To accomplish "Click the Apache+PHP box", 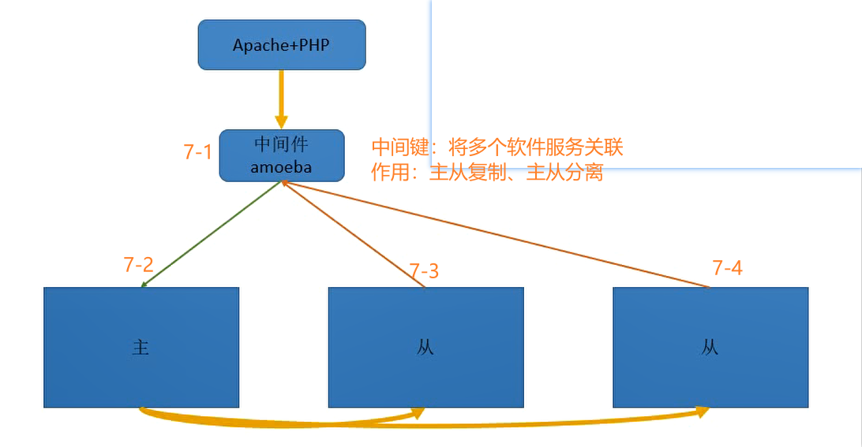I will click(281, 45).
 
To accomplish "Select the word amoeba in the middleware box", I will click(281, 166).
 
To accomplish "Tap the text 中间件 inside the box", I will click(281, 145).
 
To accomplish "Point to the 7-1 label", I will click(197, 152).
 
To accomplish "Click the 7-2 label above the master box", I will click(138, 265).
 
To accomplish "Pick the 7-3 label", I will click(424, 271).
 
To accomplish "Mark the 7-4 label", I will click(727, 268).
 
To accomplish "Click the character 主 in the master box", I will click(141, 347).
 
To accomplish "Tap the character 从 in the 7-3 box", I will click(425, 347).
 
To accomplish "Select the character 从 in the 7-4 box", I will click(710, 347).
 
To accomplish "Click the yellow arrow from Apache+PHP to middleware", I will click(281, 99).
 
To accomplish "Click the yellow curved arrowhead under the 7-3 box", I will click(418, 413).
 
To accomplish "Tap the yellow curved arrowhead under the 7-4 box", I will click(702, 412).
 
